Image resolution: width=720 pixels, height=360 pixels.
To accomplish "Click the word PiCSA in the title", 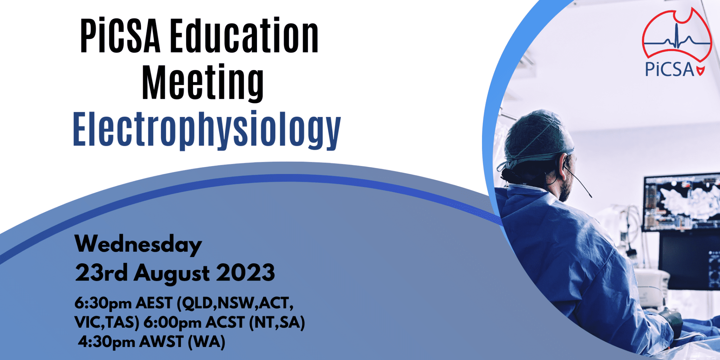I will point(120,37).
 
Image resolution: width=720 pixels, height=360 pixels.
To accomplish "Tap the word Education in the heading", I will point(244,37).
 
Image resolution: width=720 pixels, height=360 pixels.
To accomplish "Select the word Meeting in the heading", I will point(202,83).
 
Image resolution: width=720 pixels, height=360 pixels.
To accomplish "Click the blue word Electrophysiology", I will point(207,129).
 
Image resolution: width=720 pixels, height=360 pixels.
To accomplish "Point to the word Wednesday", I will point(138,244).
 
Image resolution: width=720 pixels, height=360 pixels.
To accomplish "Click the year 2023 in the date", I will point(245,273).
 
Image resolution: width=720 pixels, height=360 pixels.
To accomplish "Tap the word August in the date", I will point(172,274).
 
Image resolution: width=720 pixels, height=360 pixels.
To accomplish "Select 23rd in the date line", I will point(101,273).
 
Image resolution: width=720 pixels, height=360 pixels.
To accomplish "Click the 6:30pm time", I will point(103,303).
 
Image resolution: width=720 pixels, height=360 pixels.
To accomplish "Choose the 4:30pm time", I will point(107,342).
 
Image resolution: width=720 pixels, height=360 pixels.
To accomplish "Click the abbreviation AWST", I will point(161,342).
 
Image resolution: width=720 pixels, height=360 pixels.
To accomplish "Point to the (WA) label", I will point(206,342).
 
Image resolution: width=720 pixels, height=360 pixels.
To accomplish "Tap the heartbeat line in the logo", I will point(677,40).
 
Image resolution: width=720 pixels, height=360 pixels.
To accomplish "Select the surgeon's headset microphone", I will point(580,185).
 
